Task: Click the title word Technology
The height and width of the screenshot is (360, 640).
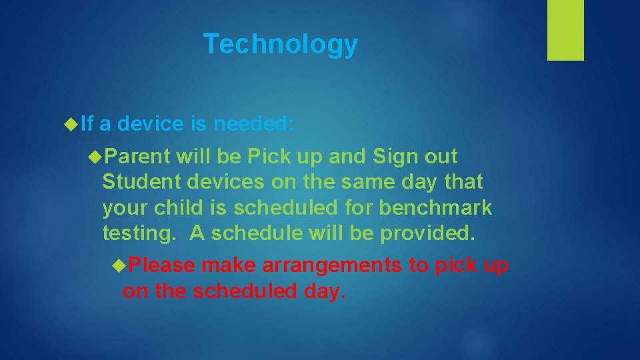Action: point(281,45)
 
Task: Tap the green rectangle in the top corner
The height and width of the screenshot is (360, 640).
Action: point(565,30)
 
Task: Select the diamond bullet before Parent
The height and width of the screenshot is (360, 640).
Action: point(95,157)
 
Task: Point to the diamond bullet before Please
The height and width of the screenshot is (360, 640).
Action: point(119,265)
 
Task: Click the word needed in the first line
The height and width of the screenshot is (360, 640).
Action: point(257,123)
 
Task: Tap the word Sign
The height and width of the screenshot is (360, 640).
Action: point(395,157)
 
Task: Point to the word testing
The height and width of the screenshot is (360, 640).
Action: point(141,233)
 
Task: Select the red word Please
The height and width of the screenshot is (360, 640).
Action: point(162,265)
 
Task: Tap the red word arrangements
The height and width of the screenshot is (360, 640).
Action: point(332,265)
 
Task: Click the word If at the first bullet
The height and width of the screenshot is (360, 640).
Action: point(87,123)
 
